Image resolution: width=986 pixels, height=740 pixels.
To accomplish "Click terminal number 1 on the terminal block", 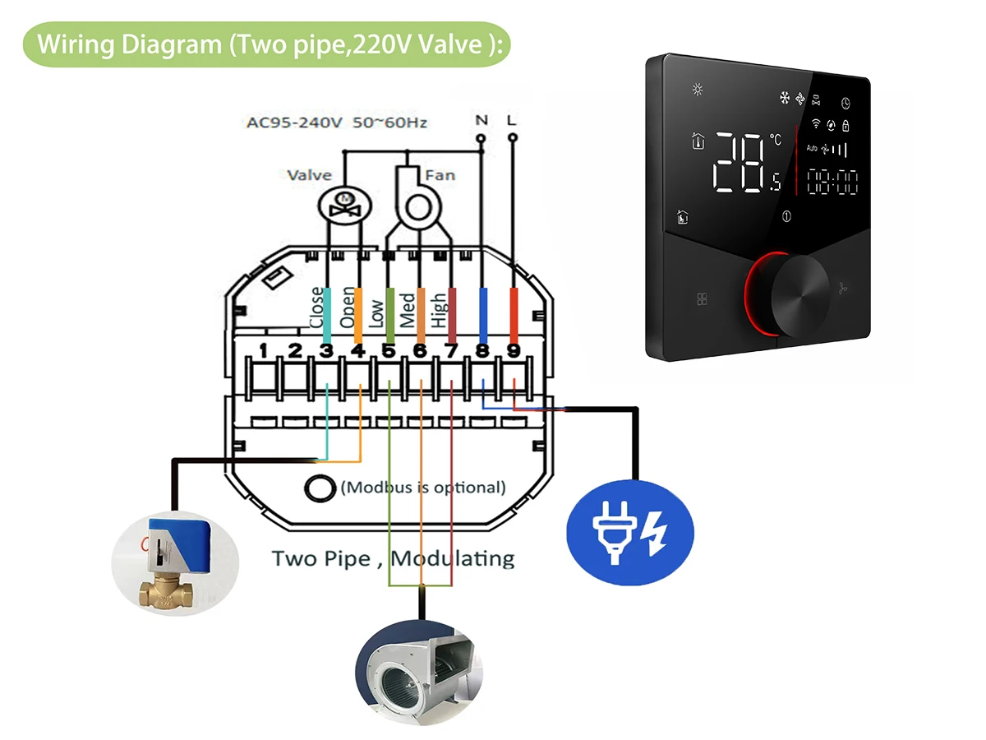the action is tap(263, 350).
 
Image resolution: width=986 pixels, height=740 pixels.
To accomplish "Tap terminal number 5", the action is tap(389, 351).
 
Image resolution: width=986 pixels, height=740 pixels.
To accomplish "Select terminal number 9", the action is tap(514, 350).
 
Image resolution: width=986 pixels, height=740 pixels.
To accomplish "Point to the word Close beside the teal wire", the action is tap(316, 308).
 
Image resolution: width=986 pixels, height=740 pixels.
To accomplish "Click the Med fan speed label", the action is tap(408, 310).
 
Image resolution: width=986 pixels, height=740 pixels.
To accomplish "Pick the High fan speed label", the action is tap(439, 310).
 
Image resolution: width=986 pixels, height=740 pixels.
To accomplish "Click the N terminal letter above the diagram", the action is tap(481, 120).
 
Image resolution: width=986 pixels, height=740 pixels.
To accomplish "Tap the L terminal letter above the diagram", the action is tap(511, 120).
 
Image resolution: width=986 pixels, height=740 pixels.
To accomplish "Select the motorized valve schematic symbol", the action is tap(344, 206).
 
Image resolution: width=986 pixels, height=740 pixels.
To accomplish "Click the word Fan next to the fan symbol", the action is tap(440, 175).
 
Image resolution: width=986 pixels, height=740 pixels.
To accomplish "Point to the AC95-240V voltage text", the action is tap(295, 123).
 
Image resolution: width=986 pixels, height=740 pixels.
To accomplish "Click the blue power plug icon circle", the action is tap(629, 532).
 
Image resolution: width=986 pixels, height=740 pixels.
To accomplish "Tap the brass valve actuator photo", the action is tap(175, 563).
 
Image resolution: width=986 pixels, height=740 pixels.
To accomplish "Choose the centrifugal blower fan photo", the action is tap(419, 672).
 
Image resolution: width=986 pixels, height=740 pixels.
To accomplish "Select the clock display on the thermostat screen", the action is tap(832, 182).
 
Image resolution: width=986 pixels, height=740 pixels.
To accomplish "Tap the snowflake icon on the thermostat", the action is tap(785, 98).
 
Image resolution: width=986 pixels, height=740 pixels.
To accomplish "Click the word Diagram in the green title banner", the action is tap(172, 44).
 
